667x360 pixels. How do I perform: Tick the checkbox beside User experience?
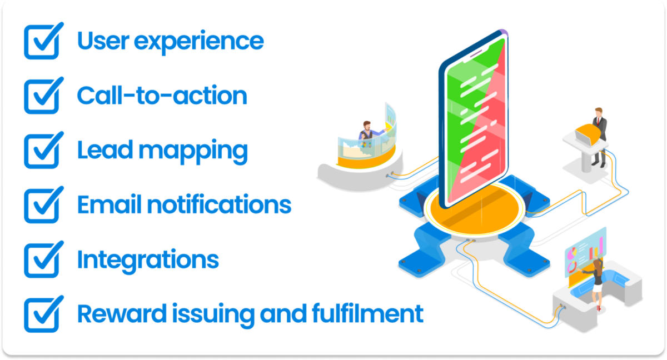[41, 42]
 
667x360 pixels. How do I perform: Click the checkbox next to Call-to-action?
[41, 97]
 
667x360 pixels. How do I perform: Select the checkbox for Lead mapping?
[41, 151]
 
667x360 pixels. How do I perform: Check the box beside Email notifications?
[41, 206]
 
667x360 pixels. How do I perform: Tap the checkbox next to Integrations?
[41, 260]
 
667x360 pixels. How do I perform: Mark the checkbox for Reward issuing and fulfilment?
[41, 314]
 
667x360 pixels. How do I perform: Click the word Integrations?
[147, 260]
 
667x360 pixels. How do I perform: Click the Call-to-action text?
[162, 96]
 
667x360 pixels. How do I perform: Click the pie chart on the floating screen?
[573, 267]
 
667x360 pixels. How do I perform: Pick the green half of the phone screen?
[464, 100]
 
